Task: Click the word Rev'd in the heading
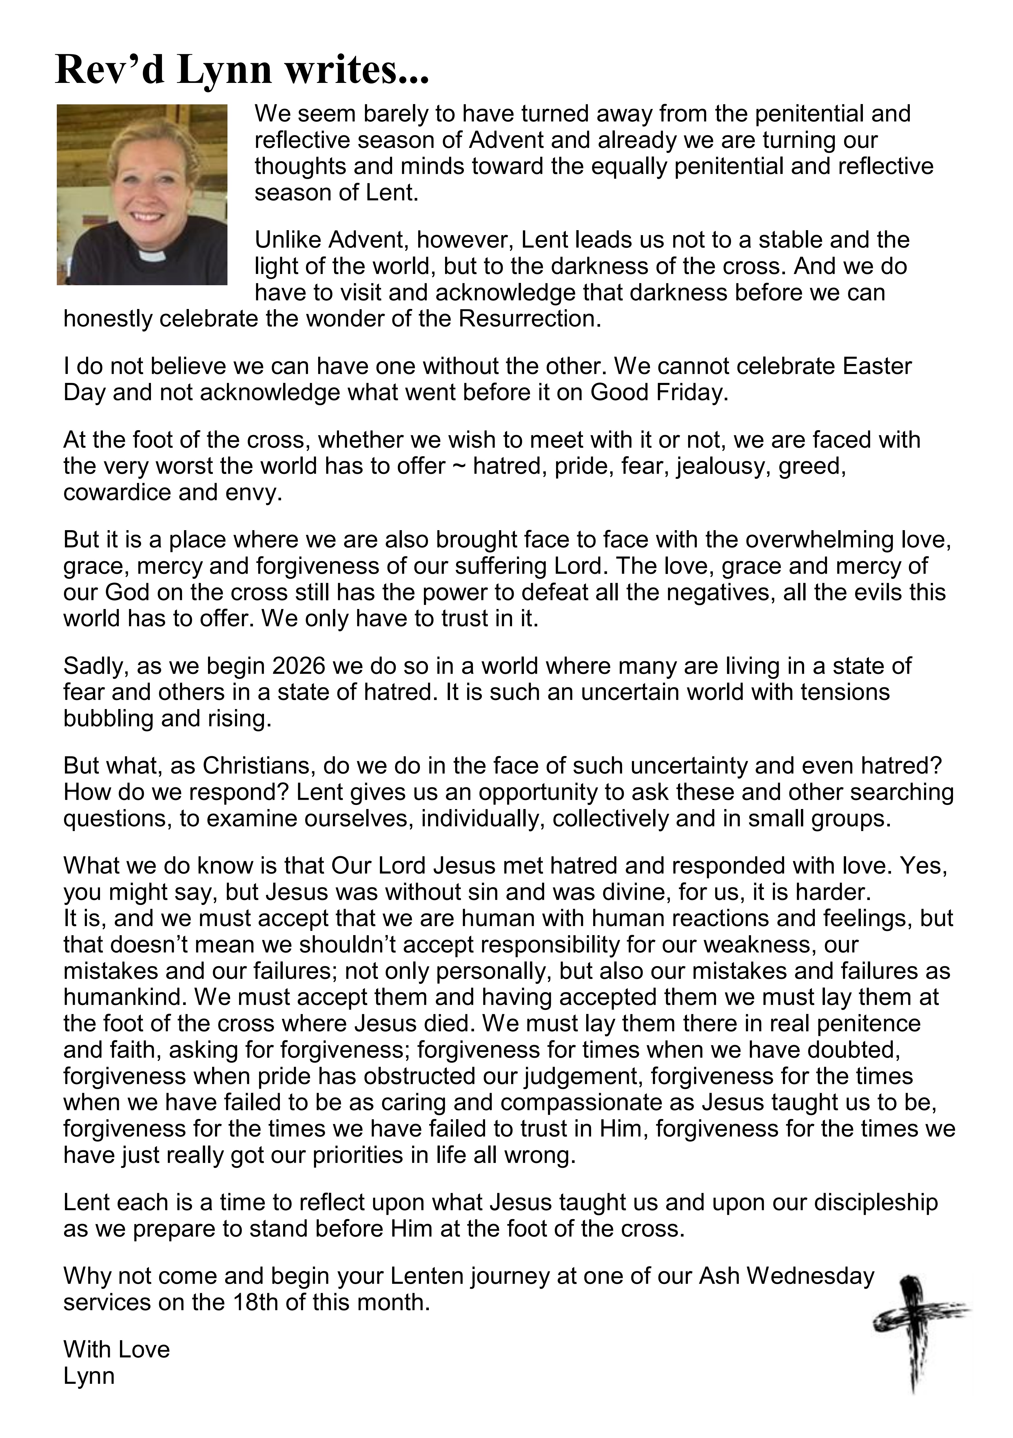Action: click(110, 70)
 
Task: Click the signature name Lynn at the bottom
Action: click(89, 1376)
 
